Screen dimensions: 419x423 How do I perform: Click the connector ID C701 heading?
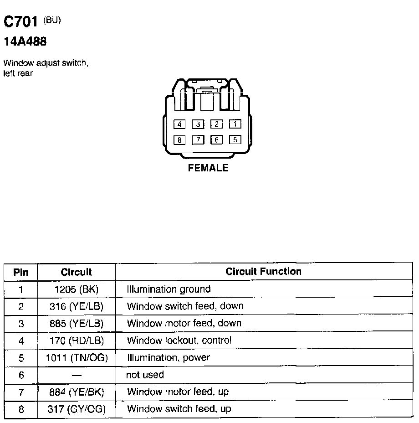(x=20, y=21)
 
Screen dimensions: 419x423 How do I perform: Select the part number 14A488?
(x=25, y=41)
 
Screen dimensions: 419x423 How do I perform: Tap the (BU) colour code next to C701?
(x=52, y=20)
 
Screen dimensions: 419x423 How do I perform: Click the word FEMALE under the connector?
(x=208, y=168)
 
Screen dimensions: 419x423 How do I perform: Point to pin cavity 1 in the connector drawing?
(x=235, y=124)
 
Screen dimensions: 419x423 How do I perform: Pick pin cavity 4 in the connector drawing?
(x=179, y=124)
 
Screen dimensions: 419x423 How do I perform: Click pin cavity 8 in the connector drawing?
(x=179, y=140)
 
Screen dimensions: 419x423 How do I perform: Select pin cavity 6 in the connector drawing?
(x=216, y=140)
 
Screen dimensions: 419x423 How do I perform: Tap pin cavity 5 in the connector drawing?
(x=235, y=140)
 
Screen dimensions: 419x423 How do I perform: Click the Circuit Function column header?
(x=263, y=272)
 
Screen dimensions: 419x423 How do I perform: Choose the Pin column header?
(x=21, y=273)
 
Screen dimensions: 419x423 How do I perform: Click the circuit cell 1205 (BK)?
(x=77, y=289)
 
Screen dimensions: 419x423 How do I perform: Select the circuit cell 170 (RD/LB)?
(x=77, y=340)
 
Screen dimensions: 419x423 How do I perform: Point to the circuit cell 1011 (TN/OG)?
(x=77, y=358)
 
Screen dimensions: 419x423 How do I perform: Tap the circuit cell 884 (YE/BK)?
(x=77, y=392)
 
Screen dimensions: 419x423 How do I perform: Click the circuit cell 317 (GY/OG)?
(x=77, y=409)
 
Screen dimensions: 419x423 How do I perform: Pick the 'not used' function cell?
(x=145, y=375)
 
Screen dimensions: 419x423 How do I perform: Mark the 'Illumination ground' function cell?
(x=169, y=289)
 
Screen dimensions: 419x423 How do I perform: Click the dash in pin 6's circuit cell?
(x=77, y=375)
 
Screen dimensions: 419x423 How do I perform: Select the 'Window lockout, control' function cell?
(x=179, y=340)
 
